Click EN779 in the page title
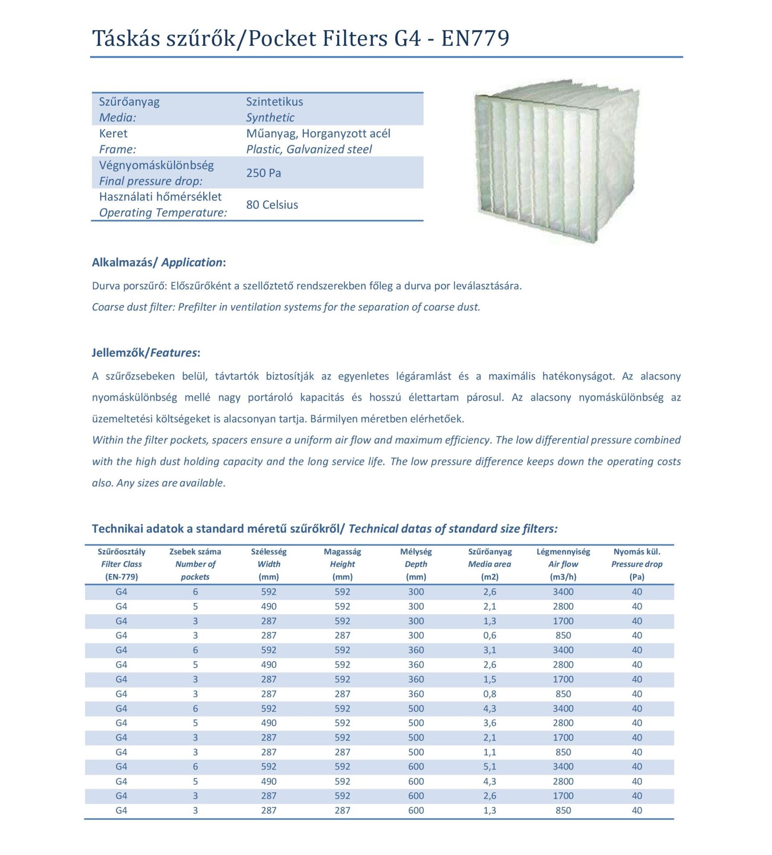coord(475,38)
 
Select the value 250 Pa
coord(263,173)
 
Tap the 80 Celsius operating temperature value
coord(272,205)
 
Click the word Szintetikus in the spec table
coord(274,102)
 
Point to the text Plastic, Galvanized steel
coord(309,149)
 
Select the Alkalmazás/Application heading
coord(159,262)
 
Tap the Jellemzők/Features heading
coord(146,353)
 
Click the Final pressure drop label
coord(151,181)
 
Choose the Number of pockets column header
coord(195,564)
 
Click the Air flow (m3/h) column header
coord(563,564)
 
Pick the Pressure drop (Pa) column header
coord(637,564)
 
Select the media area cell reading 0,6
coord(490,635)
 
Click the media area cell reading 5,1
coord(490,766)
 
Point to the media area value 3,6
coord(490,723)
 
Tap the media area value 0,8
coord(490,694)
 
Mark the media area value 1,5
coord(490,679)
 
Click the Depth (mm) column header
coord(416,564)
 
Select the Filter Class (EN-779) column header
coord(121,564)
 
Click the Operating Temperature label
coord(163,212)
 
